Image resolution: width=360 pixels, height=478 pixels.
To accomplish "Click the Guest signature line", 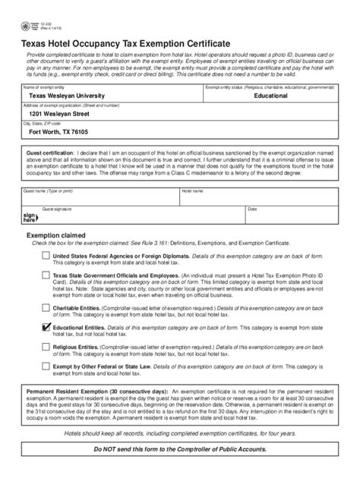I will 137,219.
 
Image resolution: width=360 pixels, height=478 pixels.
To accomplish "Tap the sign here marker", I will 30,217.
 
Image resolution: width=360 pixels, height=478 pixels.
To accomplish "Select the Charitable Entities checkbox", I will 46,310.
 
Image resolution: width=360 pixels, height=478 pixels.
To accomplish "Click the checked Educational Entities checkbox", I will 46,328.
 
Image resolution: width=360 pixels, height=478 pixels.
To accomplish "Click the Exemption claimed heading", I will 58,236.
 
